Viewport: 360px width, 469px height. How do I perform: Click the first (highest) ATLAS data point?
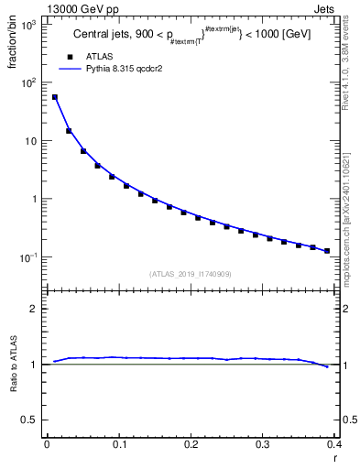tap(54, 97)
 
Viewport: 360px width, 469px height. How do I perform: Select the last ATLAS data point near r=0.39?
tap(327, 250)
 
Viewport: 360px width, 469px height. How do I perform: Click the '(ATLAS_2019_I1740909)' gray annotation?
tap(190, 274)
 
